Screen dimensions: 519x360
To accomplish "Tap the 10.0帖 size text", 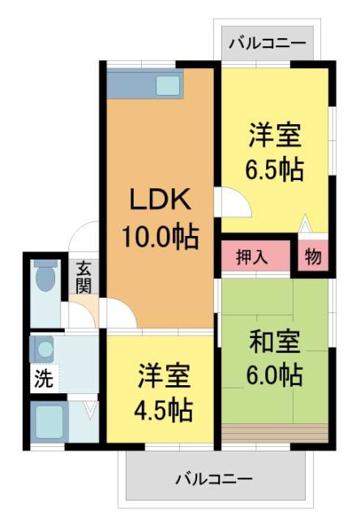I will click(x=161, y=238).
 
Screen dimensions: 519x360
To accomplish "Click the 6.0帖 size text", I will click(x=276, y=376).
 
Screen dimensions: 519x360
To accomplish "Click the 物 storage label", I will click(x=312, y=258).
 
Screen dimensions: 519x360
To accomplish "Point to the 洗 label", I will click(x=41, y=377).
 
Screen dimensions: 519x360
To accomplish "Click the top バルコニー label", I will click(x=267, y=42).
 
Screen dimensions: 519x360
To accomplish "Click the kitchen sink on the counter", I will click(x=168, y=84).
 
